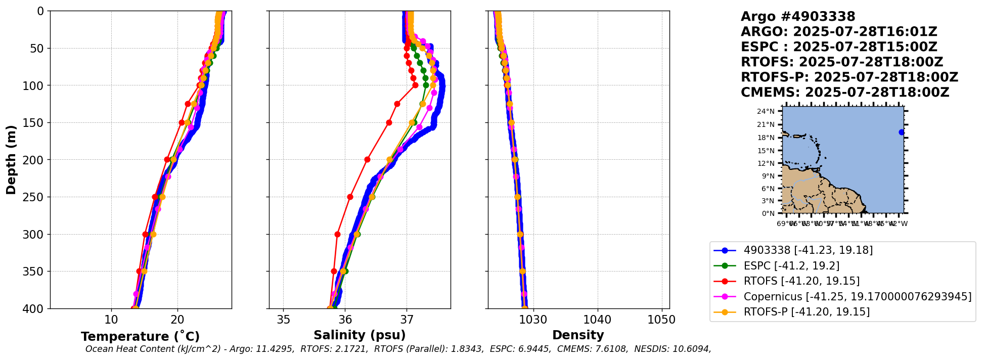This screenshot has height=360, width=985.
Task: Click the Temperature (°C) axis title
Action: [x=140, y=337]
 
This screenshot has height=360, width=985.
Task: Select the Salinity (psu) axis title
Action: [x=360, y=335]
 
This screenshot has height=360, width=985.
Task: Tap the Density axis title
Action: [x=578, y=335]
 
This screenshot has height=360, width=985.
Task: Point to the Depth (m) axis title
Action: [x=11, y=160]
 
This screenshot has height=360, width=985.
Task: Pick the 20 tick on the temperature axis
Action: [x=177, y=320]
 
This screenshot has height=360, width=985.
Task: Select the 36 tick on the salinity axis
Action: [x=345, y=320]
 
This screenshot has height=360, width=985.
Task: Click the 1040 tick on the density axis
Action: [x=598, y=320]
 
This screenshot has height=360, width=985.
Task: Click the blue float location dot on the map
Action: [x=901, y=132]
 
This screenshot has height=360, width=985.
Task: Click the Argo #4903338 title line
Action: [x=797, y=17]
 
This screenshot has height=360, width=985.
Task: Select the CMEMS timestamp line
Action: [x=844, y=93]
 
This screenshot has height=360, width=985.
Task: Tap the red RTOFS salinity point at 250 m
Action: [x=350, y=197]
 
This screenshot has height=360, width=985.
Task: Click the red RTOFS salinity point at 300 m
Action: [x=337, y=234]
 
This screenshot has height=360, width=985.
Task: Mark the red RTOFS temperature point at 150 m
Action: [x=182, y=122]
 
